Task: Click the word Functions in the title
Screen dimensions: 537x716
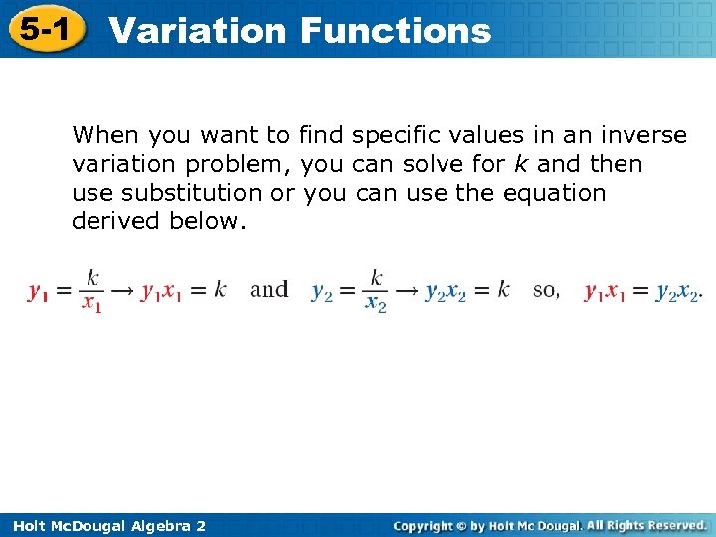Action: point(395,30)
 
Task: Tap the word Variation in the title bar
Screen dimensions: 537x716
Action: point(198,30)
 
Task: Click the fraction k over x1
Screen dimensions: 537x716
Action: point(92,289)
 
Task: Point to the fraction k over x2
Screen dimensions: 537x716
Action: point(376,289)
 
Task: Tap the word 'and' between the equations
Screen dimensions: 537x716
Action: point(268,289)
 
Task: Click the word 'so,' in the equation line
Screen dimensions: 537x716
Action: point(546,290)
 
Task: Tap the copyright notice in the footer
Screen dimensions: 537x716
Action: point(550,525)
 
